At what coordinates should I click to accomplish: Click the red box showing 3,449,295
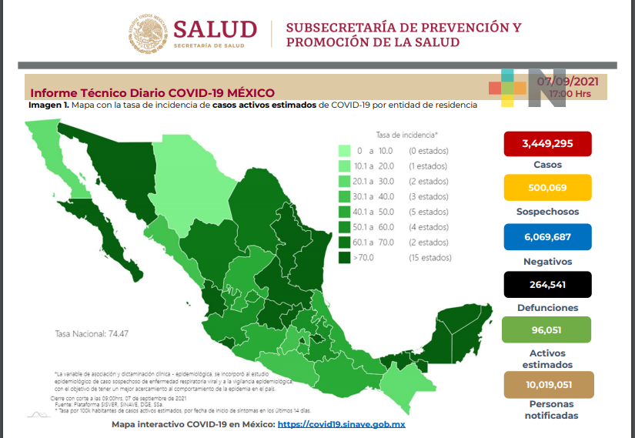point(546,144)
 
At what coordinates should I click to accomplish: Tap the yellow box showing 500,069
point(546,188)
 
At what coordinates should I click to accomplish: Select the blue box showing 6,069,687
point(546,237)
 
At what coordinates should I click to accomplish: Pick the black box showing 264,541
point(546,284)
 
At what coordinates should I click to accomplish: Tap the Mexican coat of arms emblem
point(148,34)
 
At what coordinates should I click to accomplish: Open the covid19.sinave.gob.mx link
point(341,424)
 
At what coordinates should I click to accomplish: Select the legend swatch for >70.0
point(345,258)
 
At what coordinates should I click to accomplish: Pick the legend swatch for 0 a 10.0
point(345,151)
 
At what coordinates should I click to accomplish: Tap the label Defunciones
point(548,308)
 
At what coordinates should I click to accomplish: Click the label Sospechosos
point(548,212)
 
